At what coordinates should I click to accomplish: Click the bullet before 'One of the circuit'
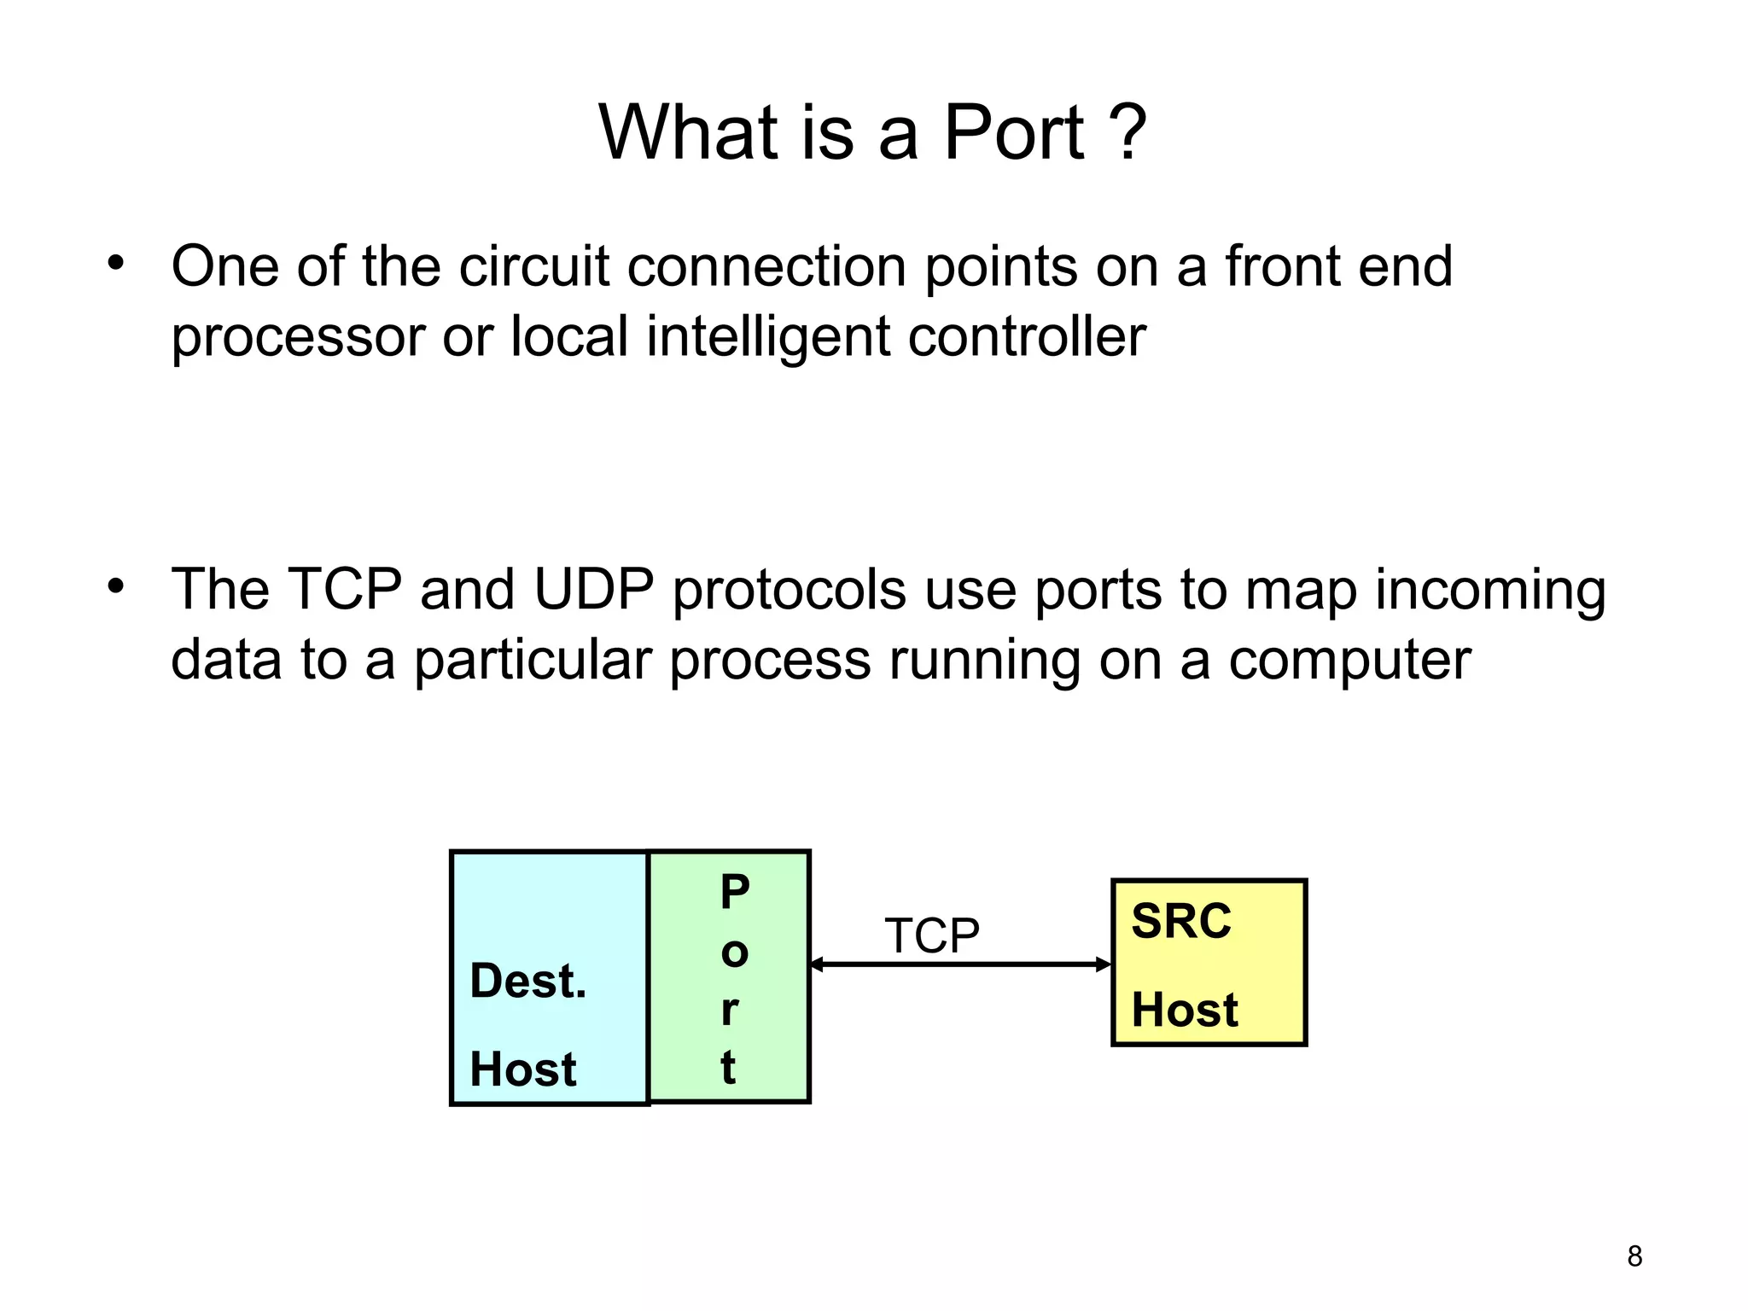pyautogui.click(x=116, y=263)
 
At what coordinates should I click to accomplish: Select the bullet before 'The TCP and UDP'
pyautogui.click(x=116, y=586)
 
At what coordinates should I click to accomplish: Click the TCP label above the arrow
pyautogui.click(x=932, y=935)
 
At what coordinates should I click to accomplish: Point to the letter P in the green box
pyautogui.click(x=735, y=892)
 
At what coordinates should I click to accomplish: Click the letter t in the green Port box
pyautogui.click(x=728, y=1068)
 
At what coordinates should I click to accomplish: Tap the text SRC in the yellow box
pyautogui.click(x=1181, y=922)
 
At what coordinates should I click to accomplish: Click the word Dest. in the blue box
pyautogui.click(x=527, y=981)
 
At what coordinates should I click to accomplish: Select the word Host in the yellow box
pyautogui.click(x=1185, y=1011)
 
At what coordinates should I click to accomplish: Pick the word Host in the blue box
pyautogui.click(x=523, y=1069)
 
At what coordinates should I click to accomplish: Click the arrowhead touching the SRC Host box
pyautogui.click(x=1104, y=964)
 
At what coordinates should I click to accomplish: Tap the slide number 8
pyautogui.click(x=1634, y=1256)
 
